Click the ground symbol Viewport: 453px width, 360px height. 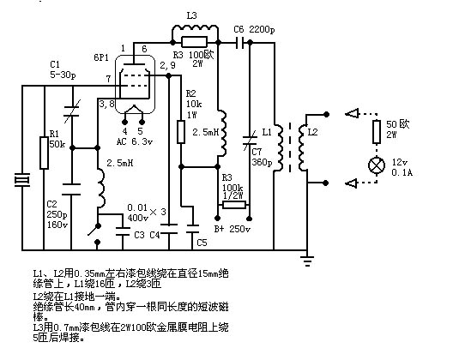point(307,261)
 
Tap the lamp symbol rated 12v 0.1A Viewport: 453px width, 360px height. point(377,165)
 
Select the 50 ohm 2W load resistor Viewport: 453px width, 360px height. point(377,132)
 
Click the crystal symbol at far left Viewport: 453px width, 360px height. point(22,180)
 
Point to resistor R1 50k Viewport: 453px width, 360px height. point(44,153)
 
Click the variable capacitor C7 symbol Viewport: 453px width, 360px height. point(250,141)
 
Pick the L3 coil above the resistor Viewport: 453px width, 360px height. point(196,28)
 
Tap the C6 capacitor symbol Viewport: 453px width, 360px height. point(239,43)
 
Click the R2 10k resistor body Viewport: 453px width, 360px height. point(181,132)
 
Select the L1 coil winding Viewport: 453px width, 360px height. point(279,147)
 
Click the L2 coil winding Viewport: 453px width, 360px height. point(303,147)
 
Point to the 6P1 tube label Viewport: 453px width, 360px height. point(101,57)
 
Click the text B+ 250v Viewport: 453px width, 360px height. point(232,229)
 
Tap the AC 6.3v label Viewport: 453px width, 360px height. point(135,141)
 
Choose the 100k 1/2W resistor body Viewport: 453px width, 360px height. point(234,205)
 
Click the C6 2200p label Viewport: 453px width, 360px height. point(254,29)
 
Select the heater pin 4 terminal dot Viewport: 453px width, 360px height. point(124,123)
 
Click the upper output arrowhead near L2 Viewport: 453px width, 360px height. point(352,113)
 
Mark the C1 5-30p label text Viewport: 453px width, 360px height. point(63,69)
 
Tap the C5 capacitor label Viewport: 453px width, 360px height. point(202,243)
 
